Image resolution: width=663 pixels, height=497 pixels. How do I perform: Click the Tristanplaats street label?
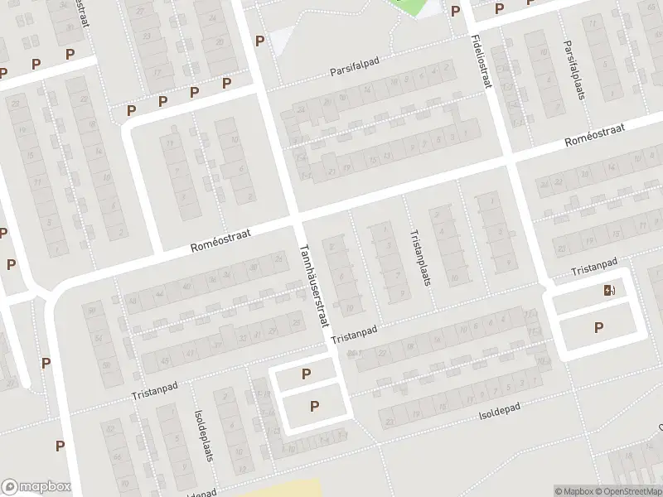point(419,257)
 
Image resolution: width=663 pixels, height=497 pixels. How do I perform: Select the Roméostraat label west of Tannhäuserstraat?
point(220,240)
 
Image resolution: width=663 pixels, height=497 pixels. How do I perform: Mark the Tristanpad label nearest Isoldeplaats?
point(155,390)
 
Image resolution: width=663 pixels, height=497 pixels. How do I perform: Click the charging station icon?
point(609,290)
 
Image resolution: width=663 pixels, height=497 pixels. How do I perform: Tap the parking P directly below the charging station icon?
point(598,328)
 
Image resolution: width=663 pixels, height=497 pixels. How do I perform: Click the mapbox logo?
point(36,487)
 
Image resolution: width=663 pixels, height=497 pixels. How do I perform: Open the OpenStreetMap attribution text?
point(627,491)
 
